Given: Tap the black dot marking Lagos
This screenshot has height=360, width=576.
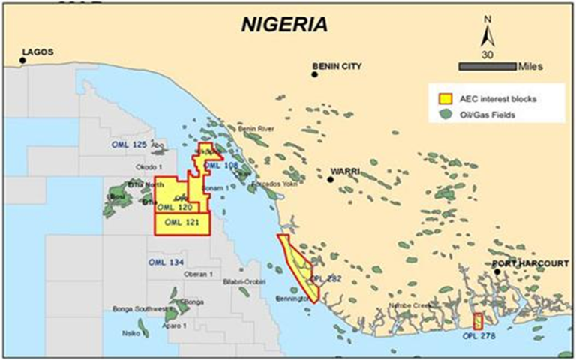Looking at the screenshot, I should [22, 61].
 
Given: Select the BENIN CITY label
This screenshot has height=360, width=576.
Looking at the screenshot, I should [338, 67].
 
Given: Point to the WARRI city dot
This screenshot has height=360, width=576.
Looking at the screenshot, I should [330, 179].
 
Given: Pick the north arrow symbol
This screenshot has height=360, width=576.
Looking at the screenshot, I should [487, 34].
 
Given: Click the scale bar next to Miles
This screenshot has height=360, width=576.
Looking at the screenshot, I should [487, 66].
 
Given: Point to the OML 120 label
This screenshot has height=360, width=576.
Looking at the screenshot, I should [177, 206].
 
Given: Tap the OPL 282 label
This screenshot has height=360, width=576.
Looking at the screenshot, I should [326, 277].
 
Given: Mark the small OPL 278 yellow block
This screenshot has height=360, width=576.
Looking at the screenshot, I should [478, 321].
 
